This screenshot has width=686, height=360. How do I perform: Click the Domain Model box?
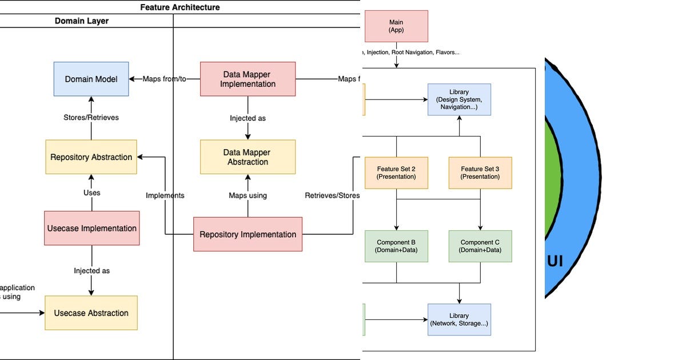[x=91, y=79]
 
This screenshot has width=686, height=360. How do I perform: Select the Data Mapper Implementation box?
[x=248, y=79]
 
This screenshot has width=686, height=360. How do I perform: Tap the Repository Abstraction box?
[x=91, y=157]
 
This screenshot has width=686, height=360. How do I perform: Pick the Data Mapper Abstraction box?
[x=248, y=157]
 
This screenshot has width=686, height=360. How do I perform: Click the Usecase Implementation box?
[x=91, y=228]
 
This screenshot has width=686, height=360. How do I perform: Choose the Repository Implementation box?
[x=248, y=234]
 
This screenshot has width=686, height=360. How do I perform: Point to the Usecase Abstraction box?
[x=91, y=313]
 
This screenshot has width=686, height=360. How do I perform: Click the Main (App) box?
[x=396, y=26]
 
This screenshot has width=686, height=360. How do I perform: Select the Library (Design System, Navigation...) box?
[x=459, y=99]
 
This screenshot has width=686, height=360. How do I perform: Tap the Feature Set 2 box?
[x=396, y=173]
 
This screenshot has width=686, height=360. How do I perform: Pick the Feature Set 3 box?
[x=480, y=173]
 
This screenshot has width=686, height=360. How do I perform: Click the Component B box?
[x=396, y=246]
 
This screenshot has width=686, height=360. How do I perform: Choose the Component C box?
[x=480, y=246]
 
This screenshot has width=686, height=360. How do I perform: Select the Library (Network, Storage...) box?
[x=459, y=319]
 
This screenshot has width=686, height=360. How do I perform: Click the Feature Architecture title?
[x=180, y=7]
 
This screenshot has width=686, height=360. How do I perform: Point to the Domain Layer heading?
[x=82, y=21]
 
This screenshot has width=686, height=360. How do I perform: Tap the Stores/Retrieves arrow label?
[x=91, y=118]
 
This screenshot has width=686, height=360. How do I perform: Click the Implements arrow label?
[x=165, y=195]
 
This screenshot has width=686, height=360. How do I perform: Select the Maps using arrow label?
[x=248, y=195]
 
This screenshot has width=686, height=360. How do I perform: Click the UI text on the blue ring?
[x=555, y=261]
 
